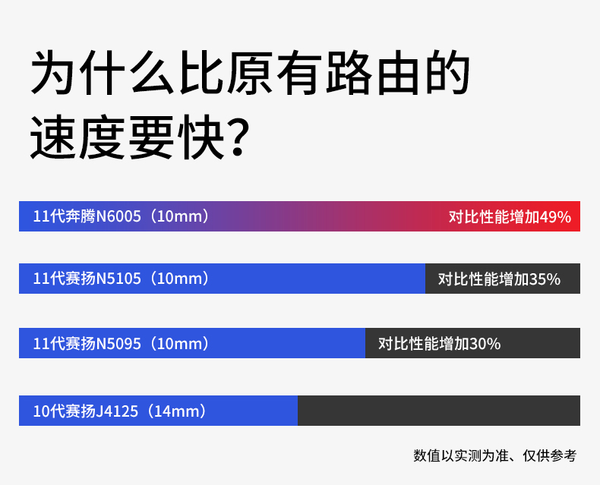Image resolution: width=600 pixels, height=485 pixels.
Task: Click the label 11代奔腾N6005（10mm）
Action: point(122,216)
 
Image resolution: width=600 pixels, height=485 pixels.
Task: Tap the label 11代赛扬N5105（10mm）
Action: point(122,279)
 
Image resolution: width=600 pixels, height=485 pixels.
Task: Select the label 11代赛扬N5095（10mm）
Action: point(122,344)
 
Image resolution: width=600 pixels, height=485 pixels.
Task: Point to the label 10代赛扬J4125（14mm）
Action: point(120,411)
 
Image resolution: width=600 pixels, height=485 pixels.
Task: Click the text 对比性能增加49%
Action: point(510,217)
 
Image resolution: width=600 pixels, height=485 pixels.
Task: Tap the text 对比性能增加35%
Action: point(499,279)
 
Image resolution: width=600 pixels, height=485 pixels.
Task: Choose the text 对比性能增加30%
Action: point(439,344)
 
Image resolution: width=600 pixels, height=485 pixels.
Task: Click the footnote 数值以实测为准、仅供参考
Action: point(494,455)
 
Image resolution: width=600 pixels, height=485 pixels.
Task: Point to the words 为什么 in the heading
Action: point(103,73)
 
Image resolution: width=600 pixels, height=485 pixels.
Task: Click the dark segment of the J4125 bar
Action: point(439,411)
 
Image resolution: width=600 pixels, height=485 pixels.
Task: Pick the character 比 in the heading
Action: point(202,73)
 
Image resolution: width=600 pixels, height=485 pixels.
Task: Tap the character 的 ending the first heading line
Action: point(447,73)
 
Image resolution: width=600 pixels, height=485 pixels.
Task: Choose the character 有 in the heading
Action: point(299,73)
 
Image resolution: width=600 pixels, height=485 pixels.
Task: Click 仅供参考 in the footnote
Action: point(549,455)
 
